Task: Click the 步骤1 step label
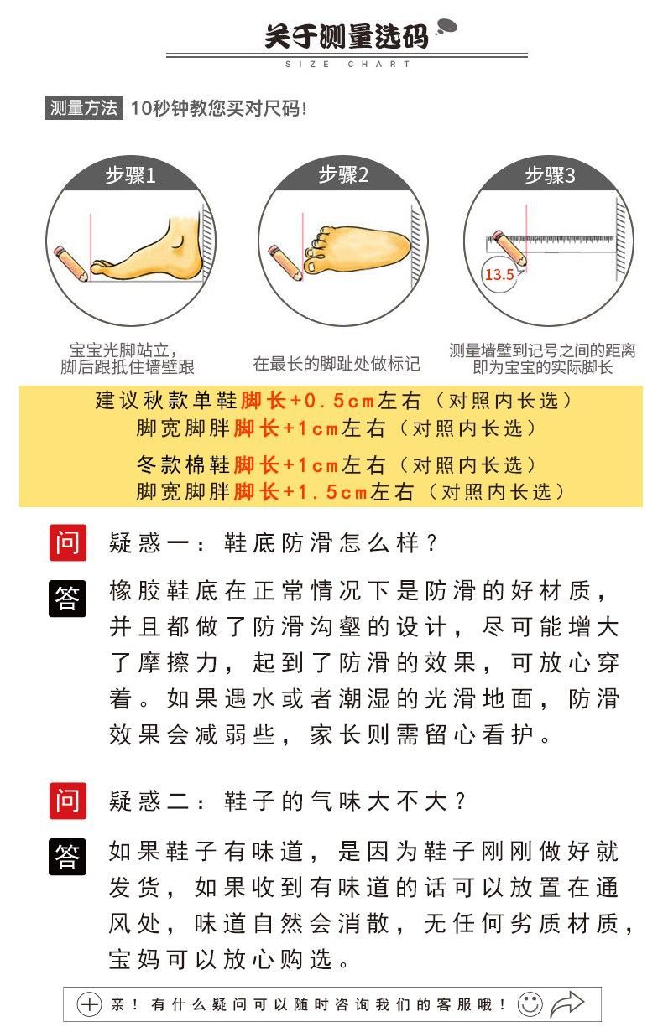click(x=130, y=176)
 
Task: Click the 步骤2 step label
click(x=343, y=175)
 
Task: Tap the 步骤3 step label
click(x=550, y=176)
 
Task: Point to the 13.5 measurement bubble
click(x=499, y=274)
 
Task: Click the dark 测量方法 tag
click(x=84, y=108)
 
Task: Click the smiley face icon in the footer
click(x=530, y=1003)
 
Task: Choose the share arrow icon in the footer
click(x=568, y=1003)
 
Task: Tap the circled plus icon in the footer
click(x=89, y=1004)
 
